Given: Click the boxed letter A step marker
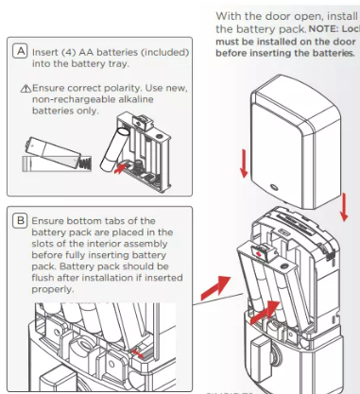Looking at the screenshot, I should tap(21, 50).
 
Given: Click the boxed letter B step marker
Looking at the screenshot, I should tap(21, 221).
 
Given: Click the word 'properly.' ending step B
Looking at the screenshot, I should tap(56, 291).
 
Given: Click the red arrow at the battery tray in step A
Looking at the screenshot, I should tap(119, 171).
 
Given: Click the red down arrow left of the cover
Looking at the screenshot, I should tap(244, 162).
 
